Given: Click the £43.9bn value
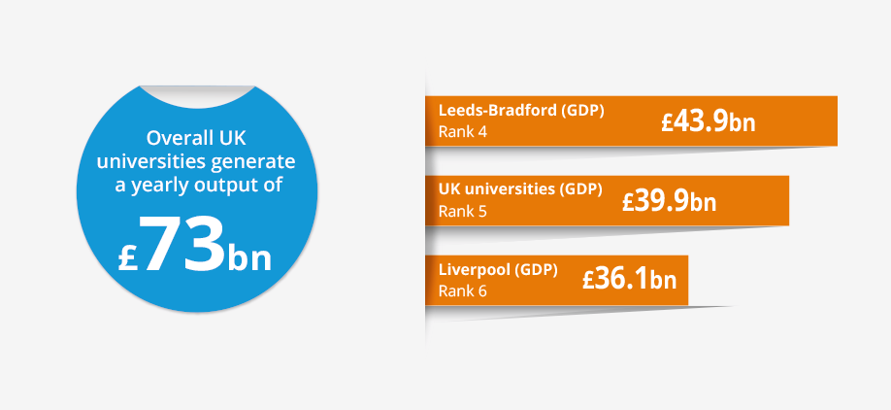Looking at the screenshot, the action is [708, 121].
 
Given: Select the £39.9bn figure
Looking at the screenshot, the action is [669, 201].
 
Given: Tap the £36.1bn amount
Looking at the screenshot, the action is [629, 281].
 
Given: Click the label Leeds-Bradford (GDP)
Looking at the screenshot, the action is [521, 111].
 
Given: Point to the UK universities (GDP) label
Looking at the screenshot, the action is [520, 189].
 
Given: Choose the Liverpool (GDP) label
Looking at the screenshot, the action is [498, 270].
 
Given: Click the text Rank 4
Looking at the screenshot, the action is [463, 132].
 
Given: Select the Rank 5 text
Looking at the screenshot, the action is [463, 212].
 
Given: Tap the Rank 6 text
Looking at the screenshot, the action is [463, 291].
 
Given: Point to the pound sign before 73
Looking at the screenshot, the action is [128, 257].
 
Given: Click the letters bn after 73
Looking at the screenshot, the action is [249, 258].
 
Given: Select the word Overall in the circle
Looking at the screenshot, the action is [172, 138].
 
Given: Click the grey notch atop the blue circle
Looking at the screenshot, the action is [197, 95].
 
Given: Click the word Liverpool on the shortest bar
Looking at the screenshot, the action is [474, 270].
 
